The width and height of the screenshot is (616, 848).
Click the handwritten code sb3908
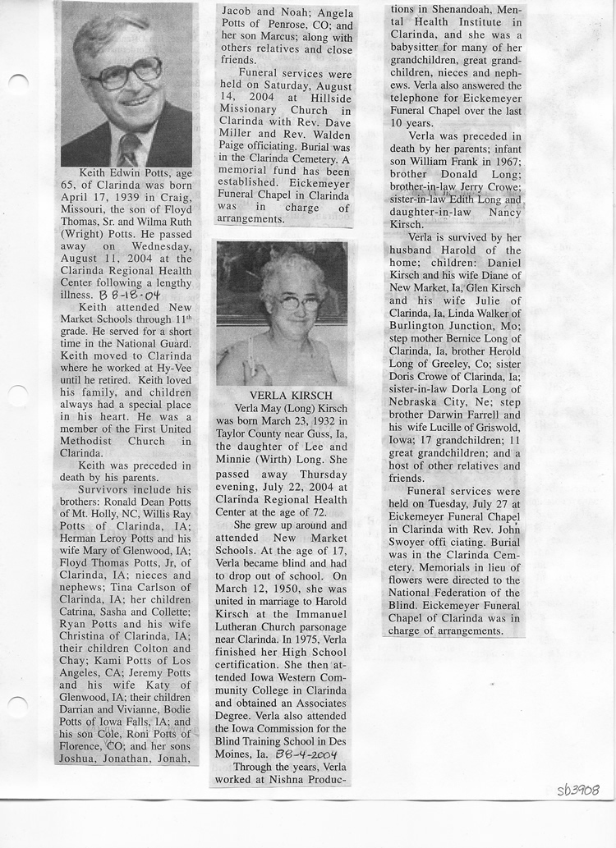pyautogui.click(x=577, y=790)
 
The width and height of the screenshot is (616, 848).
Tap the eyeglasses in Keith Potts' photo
pyautogui.click(x=125, y=73)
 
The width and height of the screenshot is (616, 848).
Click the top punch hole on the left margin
pyautogui.click(x=18, y=83)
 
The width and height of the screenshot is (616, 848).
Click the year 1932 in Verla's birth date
pyautogui.click(x=325, y=420)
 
